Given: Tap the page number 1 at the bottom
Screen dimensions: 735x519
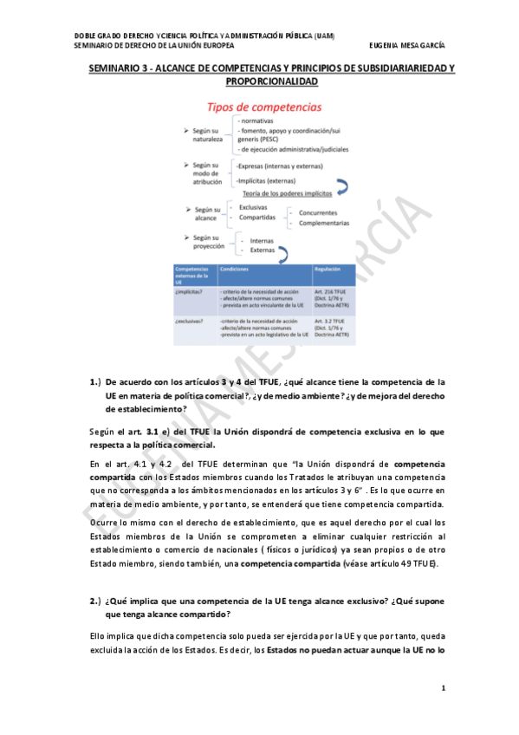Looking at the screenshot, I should coord(443,688).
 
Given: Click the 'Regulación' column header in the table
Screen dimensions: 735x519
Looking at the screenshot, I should coord(327,270).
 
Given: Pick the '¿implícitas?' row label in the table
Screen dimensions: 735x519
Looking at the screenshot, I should coord(189,292).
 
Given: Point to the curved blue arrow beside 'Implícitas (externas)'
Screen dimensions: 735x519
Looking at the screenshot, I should coord(341,185).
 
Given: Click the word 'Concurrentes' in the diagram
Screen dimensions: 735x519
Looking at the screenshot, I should coord(321,212).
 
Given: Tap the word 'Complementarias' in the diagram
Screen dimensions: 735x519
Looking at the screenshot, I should coord(326,222).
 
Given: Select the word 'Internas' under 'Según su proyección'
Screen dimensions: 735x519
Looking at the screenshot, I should coord(262,240).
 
